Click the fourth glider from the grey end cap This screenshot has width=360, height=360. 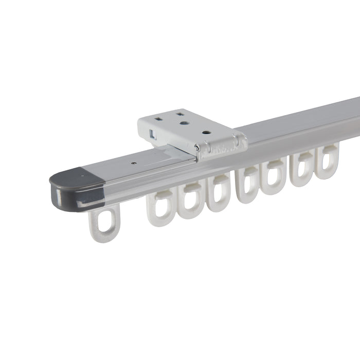pyautogui.click(x=218, y=193)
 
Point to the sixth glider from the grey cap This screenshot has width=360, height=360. pyautogui.click(x=273, y=177)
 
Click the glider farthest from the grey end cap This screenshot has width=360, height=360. pyautogui.click(x=327, y=161)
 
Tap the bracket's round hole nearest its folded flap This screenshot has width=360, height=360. pyautogui.click(x=206, y=132)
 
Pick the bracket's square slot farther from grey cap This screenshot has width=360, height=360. pyautogui.click(x=178, y=112)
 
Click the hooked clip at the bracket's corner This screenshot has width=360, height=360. pyautogui.click(x=197, y=150)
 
